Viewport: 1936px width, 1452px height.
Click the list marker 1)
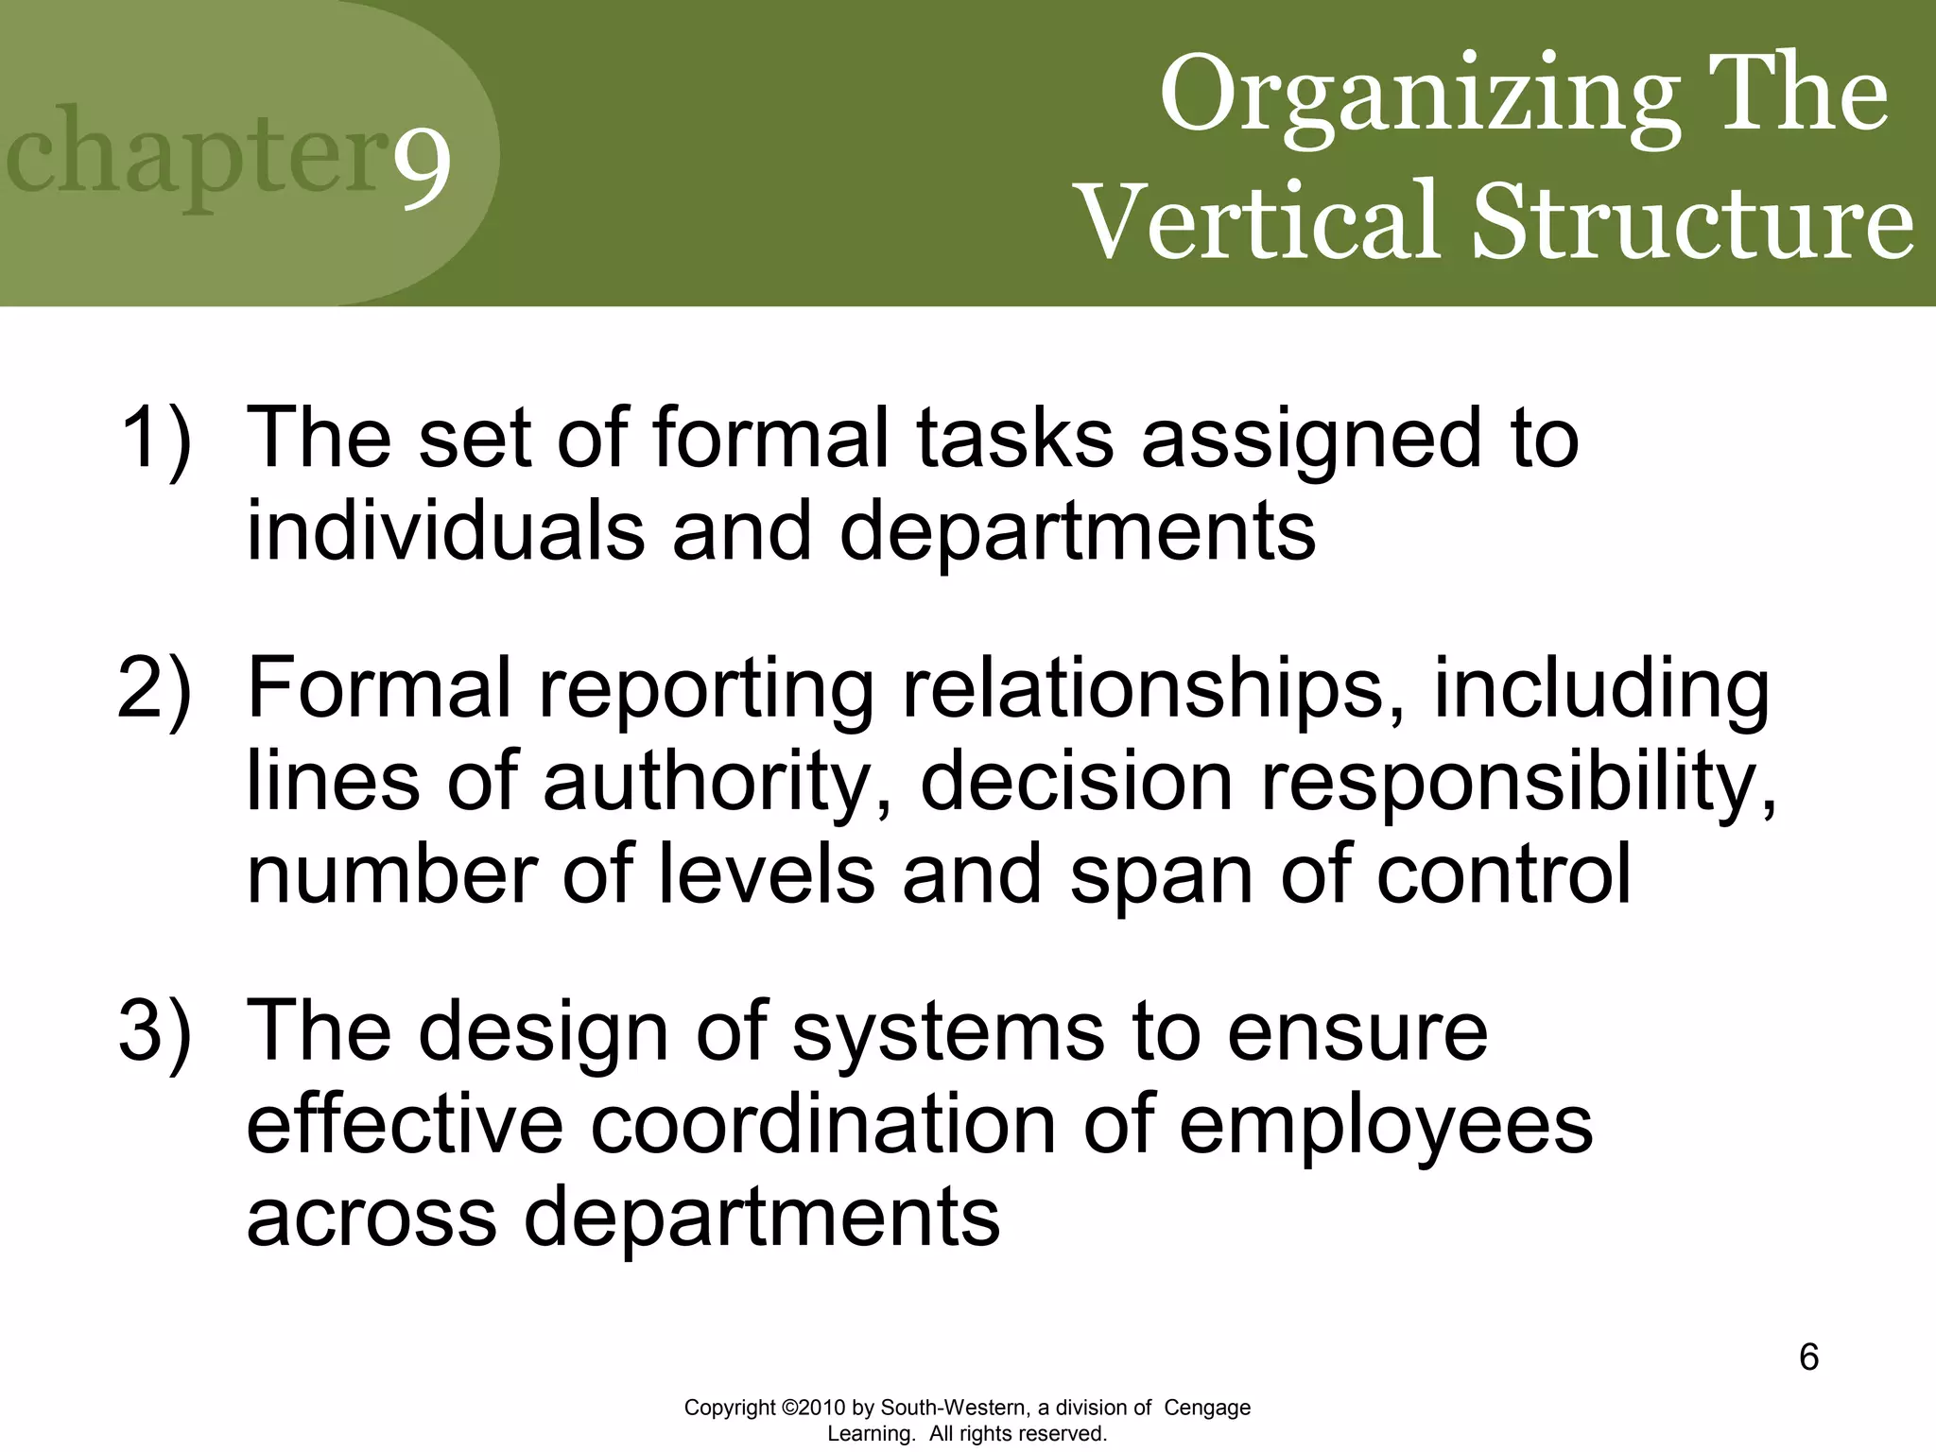(156, 438)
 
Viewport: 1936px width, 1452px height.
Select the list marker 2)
(156, 688)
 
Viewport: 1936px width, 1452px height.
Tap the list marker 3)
(156, 1031)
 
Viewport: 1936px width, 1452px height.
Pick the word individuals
(445, 530)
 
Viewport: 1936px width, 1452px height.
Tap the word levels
(766, 874)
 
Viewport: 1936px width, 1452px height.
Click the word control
(1503, 874)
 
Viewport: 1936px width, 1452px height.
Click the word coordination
(822, 1125)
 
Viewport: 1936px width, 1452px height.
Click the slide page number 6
(1808, 1358)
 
